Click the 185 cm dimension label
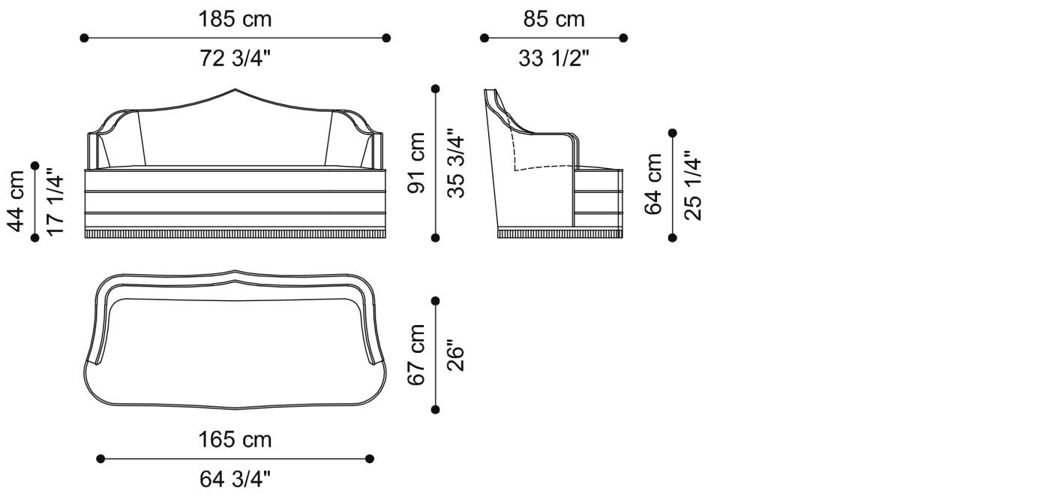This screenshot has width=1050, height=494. coord(235,20)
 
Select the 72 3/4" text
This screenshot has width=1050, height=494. coord(235,59)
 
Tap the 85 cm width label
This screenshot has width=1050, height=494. coord(553,20)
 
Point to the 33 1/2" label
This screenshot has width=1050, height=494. coord(553,59)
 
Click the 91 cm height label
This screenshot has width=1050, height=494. coord(417,163)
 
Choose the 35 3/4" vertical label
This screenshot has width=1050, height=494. coord(456,163)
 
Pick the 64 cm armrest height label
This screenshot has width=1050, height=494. coord(654,184)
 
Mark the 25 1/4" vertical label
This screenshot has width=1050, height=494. coord(693,184)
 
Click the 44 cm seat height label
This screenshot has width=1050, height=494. coord(16,200)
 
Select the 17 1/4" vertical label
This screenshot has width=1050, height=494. coord(55,200)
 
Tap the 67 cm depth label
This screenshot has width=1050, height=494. coord(417,355)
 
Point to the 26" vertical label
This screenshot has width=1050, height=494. coord(456,355)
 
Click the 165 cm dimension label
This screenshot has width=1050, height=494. coord(235,439)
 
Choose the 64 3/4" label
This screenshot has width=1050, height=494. coord(235,478)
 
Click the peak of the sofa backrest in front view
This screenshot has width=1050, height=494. coord(235,89)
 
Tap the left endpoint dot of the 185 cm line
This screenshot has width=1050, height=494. coord(84,38)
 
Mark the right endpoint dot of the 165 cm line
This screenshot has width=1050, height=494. coord(369,458)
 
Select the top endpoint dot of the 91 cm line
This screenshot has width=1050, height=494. coord(436,89)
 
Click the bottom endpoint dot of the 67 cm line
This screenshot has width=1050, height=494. coord(436,409)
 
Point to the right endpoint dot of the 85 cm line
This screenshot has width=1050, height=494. coord(623,38)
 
